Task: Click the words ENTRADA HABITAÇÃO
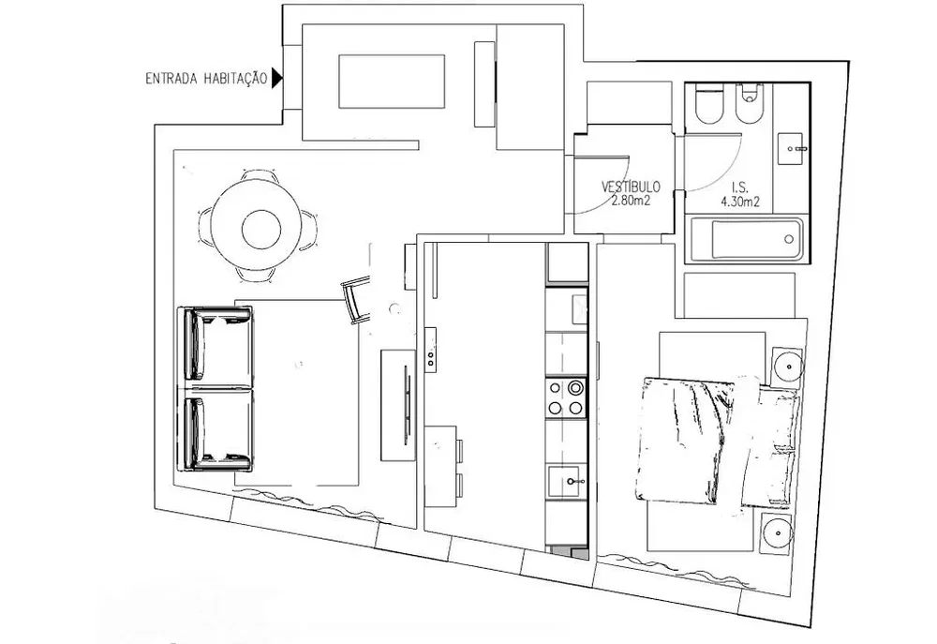point(206,79)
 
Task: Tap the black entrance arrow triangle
point(276,78)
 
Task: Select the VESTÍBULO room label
point(631,187)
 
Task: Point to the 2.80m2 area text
point(631,201)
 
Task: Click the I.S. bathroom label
point(740,187)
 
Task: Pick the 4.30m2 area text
point(740,202)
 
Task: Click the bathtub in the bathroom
point(747,239)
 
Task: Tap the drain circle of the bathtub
point(789,239)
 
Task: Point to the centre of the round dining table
point(261,229)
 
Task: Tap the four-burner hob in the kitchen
point(565,397)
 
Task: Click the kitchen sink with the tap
point(567,481)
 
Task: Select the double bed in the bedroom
point(717,442)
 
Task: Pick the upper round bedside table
point(788,365)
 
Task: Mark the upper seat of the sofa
point(216,346)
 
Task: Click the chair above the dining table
point(260,176)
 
